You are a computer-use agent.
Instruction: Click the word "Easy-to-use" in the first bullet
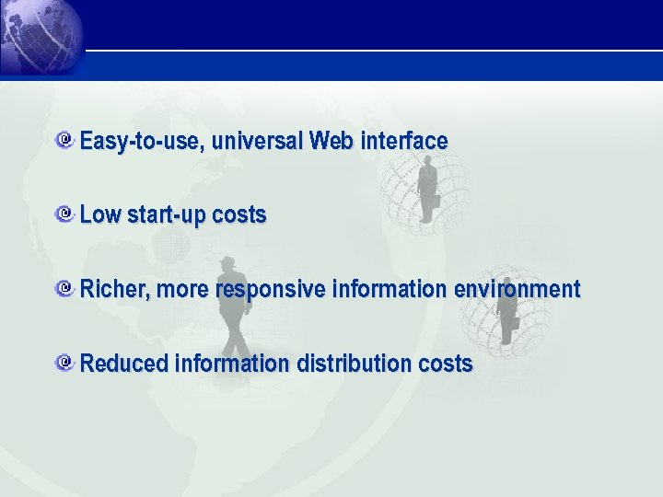point(142,142)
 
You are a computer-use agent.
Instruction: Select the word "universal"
point(258,142)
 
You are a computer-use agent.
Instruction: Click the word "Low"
point(100,215)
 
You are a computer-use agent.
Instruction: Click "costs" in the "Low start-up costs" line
point(238,215)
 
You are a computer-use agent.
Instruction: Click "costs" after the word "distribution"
point(445,364)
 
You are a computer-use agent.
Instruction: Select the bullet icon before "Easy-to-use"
point(64,141)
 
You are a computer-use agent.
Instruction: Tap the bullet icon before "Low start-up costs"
point(64,214)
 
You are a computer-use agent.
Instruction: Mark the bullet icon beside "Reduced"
point(64,363)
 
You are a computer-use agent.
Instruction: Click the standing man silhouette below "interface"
point(426,189)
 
